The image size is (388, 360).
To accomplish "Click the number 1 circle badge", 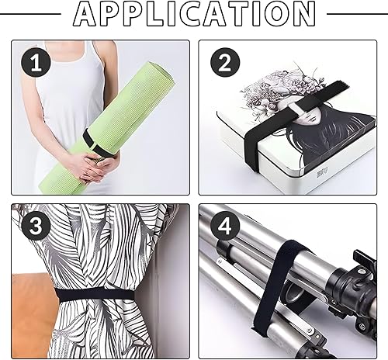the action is click(36, 63).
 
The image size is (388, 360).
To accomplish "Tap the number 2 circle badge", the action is click(225, 62).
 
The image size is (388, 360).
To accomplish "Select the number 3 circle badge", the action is click(36, 226).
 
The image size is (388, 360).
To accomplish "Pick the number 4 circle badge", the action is click(224, 226).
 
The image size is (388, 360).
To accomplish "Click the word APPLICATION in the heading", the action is click(194, 13).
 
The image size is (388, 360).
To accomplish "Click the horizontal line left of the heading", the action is click(30, 14).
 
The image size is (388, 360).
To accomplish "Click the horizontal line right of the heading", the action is click(357, 14).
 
